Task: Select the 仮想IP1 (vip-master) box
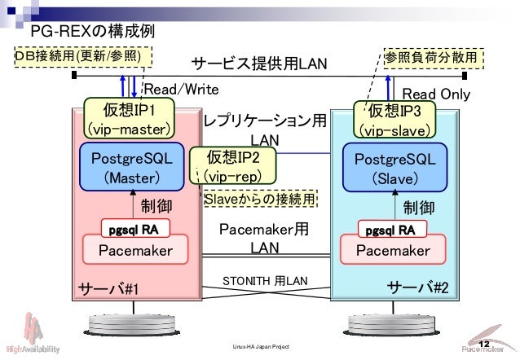[128, 119]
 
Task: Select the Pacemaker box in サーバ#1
[135, 251]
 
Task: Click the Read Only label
[436, 94]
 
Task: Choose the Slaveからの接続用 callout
[259, 199]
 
